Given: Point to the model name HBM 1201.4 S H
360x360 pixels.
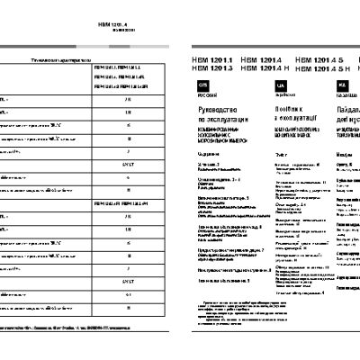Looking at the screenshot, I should pos(321,68).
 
